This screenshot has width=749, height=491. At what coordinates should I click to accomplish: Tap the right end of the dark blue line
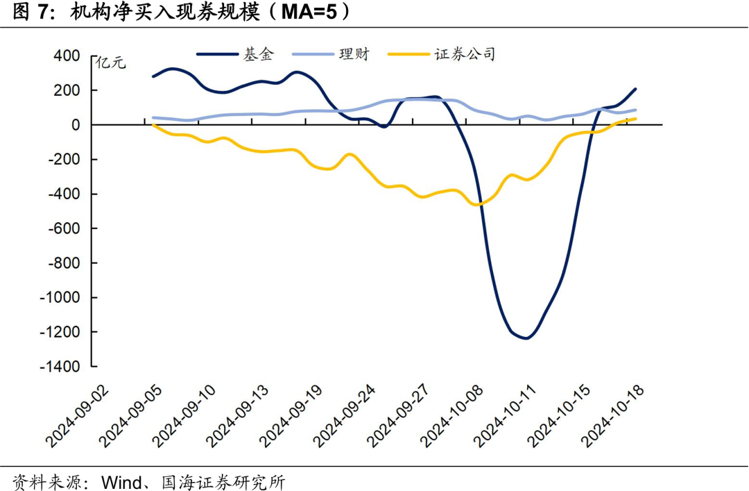636,89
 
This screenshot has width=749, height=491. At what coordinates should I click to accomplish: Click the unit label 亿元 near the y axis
112,63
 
